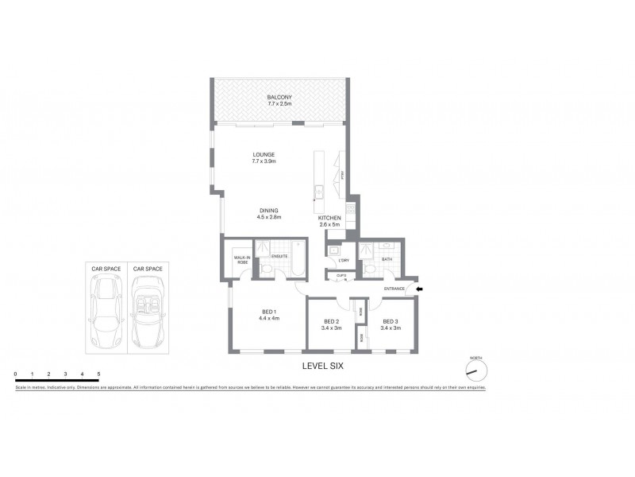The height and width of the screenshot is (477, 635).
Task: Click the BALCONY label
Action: point(279,97)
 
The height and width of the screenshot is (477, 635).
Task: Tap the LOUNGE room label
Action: point(264,155)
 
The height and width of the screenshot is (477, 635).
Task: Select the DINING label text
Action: point(269,210)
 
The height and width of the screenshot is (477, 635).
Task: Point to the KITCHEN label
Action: point(329,218)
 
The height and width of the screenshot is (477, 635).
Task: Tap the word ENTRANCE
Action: point(394,289)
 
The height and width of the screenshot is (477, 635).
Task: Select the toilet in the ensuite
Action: point(267,273)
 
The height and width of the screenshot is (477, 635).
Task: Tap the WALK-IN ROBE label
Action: point(241,261)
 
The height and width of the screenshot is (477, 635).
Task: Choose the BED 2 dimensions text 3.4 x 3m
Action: point(333,328)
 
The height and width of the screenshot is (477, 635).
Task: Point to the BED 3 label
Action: point(389,321)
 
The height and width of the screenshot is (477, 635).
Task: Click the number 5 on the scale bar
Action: point(98,373)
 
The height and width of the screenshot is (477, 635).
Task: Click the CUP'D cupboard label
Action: point(341,275)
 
